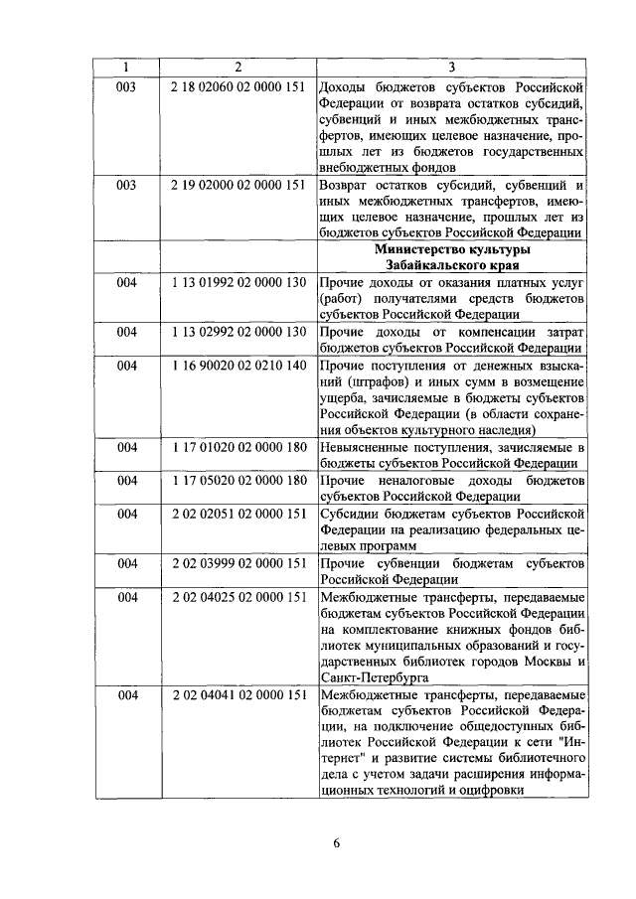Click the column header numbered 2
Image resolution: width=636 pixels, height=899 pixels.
point(238,67)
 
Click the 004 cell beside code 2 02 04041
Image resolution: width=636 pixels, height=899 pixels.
point(126,695)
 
